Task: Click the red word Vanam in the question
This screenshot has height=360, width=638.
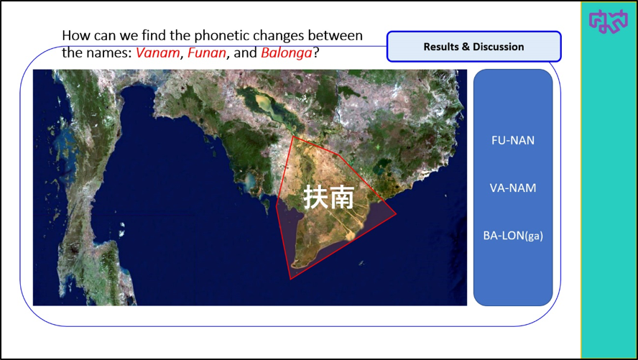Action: [157, 53]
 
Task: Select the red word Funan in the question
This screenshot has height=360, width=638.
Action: [207, 53]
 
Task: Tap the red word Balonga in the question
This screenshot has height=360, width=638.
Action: [287, 53]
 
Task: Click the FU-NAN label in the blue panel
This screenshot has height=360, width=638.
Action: [513, 140]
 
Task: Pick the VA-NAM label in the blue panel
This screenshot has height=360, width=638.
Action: [513, 188]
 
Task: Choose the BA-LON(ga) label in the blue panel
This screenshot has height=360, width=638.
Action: [513, 236]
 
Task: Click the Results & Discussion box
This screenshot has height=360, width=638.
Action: [473, 47]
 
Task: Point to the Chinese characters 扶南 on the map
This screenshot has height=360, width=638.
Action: [329, 197]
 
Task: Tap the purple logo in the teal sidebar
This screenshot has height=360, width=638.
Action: [608, 21]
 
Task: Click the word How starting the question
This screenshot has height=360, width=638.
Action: [76, 36]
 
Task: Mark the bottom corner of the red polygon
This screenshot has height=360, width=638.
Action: [290, 279]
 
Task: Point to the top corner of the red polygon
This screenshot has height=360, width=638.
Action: [293, 137]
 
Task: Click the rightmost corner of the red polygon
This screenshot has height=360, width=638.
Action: [396, 214]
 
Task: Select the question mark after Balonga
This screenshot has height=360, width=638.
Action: [315, 53]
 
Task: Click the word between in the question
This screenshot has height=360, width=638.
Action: [336, 36]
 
